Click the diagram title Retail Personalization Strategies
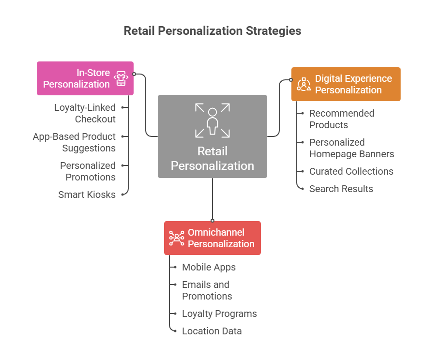212,31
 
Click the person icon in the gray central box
212,120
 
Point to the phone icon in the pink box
121,78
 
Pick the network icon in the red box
176,238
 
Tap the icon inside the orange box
304,84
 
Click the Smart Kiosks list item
87,195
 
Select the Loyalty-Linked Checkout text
85,113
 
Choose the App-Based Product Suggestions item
74,142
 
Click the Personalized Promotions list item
88,171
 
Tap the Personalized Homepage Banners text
351,148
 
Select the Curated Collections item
351,171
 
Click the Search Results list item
341,189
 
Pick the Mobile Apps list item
209,267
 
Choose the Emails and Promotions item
206,290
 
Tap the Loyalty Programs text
219,314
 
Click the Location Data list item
212,331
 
